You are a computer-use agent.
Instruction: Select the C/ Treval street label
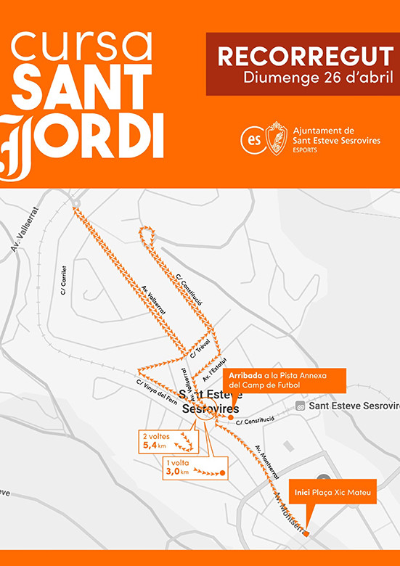pyautogui.click(x=201, y=348)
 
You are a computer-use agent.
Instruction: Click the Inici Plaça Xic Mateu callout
pyautogui.click(x=333, y=492)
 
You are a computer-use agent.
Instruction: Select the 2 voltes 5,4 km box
pyautogui.click(x=167, y=441)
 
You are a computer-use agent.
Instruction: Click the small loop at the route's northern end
pyautogui.click(x=148, y=234)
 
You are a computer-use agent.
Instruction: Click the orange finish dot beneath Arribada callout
pyautogui.click(x=231, y=418)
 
